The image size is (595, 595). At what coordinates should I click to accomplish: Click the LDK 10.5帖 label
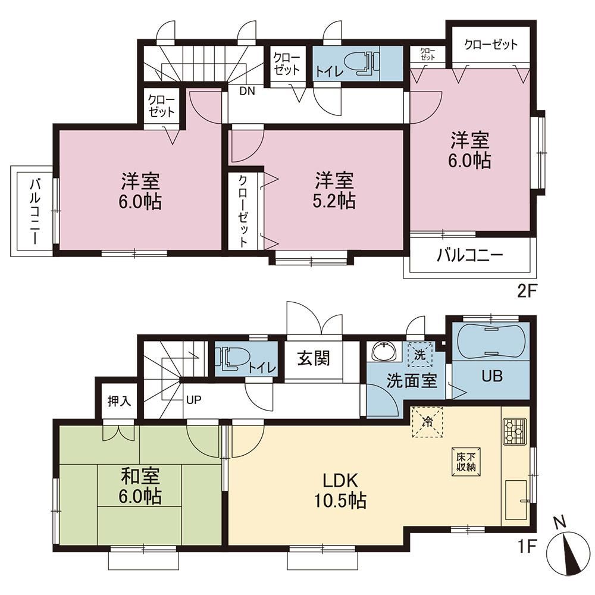point(340,491)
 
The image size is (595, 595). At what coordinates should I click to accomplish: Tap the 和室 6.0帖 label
point(140,487)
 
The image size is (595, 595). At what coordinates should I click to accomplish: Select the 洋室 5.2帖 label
point(334,190)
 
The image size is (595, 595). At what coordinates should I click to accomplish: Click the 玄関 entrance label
point(314,358)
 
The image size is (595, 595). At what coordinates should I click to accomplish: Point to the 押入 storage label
point(119,400)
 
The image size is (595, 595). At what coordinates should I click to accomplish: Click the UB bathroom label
point(492,376)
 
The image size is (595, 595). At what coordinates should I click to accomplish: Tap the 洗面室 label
point(412,381)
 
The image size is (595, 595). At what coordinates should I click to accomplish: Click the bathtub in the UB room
point(491,340)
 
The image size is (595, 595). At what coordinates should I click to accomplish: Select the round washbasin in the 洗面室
point(384,352)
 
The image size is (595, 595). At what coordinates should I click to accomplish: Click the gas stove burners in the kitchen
point(515,431)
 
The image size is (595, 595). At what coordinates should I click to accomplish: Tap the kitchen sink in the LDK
point(516,500)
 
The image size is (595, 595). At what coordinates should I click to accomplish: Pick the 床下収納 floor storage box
point(466,462)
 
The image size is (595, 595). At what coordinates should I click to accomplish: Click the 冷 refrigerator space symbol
point(428,422)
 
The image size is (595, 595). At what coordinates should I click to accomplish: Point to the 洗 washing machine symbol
point(420,355)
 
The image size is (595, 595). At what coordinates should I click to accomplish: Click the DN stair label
point(247,91)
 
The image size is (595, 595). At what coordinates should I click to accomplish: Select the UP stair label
point(193,400)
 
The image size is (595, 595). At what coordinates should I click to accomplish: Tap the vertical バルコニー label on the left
point(35,212)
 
